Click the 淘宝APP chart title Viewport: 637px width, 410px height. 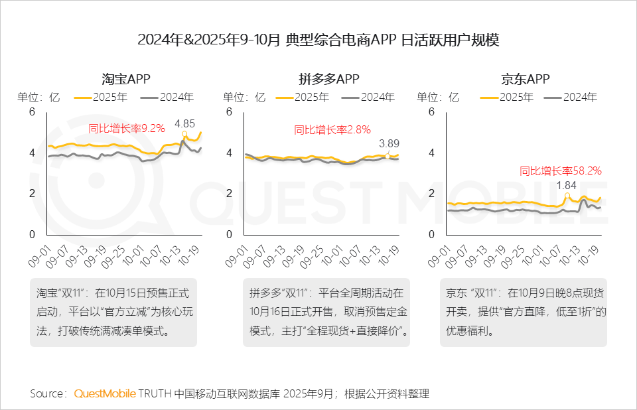pos(126,79)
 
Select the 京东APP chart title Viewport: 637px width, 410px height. pos(526,79)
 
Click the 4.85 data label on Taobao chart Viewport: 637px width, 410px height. pos(184,123)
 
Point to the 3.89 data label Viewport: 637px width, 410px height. pos(389,143)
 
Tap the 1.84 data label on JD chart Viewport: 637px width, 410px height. pos(566,185)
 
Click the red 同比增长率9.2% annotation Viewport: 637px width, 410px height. pos(127,129)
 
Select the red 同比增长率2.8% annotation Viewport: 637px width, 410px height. pos(332,129)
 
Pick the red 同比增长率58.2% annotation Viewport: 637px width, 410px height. pos(560,171)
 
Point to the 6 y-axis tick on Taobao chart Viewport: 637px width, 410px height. pos(31,112)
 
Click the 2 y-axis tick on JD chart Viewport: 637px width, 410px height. pos(431,194)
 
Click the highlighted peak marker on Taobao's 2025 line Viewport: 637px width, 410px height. pos(185,136)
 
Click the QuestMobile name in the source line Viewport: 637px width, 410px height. pos(104,393)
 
